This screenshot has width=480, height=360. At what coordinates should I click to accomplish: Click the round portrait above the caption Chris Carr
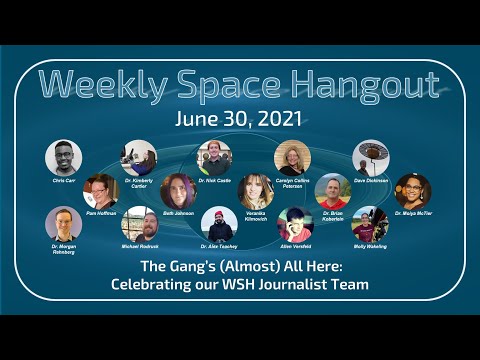click(64, 157)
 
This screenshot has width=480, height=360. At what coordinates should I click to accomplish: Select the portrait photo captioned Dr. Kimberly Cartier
click(139, 157)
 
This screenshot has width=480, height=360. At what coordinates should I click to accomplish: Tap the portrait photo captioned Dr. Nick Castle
click(215, 157)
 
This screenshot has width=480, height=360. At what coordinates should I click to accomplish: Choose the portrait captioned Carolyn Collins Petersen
click(292, 157)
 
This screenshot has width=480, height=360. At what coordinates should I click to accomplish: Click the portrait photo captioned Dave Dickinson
click(370, 157)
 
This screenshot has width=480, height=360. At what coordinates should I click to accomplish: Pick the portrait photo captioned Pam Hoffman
click(101, 190)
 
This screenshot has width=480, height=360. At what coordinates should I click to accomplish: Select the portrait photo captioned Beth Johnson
click(178, 190)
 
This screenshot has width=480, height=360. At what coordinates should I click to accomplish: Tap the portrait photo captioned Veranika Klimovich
click(255, 190)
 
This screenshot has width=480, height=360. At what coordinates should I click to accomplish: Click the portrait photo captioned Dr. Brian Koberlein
click(333, 190)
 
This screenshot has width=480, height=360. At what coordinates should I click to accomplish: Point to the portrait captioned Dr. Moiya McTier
click(412, 190)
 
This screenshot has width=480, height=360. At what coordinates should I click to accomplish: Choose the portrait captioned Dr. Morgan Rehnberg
click(64, 224)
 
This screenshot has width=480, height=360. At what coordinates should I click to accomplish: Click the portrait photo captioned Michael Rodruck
click(139, 224)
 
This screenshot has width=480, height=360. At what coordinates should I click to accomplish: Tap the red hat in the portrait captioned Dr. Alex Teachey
click(217, 212)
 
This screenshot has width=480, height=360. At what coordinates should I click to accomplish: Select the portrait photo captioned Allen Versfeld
click(294, 224)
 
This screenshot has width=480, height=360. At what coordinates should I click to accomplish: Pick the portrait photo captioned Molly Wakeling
click(370, 224)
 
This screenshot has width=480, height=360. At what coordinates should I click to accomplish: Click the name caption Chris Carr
click(64, 180)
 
